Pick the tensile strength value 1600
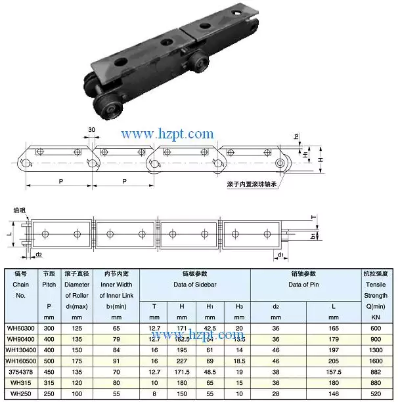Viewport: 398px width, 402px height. [x=376, y=361]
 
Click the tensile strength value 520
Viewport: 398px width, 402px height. [x=376, y=395]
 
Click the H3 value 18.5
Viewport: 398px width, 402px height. [x=238, y=361]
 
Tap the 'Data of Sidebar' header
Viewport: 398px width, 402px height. [x=195, y=285]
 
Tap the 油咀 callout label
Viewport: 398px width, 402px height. [x=19, y=211]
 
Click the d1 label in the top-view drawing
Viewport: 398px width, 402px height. [x=280, y=254]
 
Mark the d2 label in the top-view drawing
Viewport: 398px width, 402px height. [x=39, y=254]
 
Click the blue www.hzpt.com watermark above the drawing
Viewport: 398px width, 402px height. [x=168, y=134]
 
